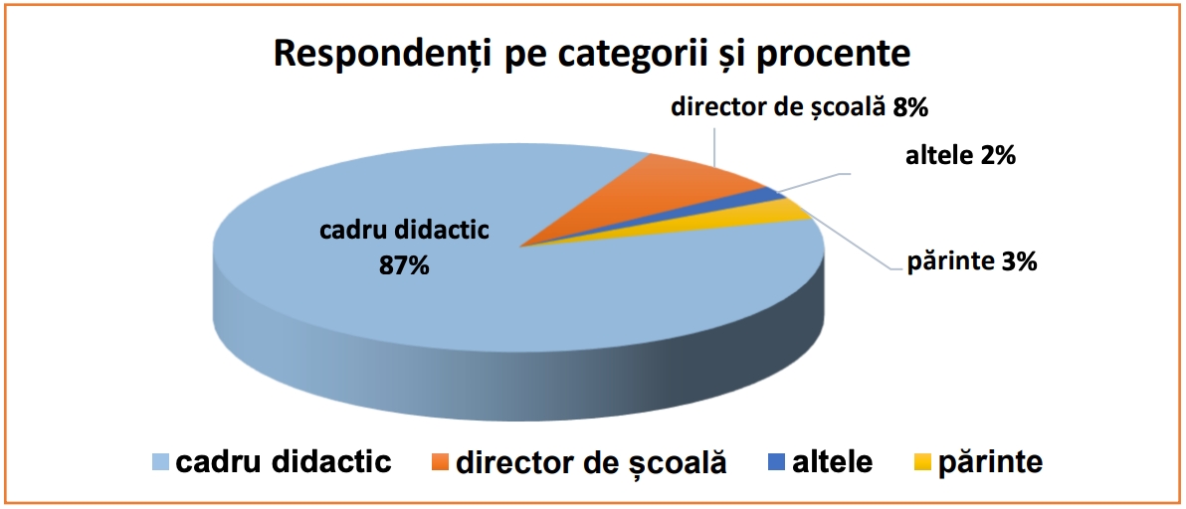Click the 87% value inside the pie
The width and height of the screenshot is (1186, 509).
point(404,265)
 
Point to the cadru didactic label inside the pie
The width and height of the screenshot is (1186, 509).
point(405,230)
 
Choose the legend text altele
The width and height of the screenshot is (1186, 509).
point(832,461)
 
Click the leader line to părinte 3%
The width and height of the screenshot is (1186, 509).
point(847,242)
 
